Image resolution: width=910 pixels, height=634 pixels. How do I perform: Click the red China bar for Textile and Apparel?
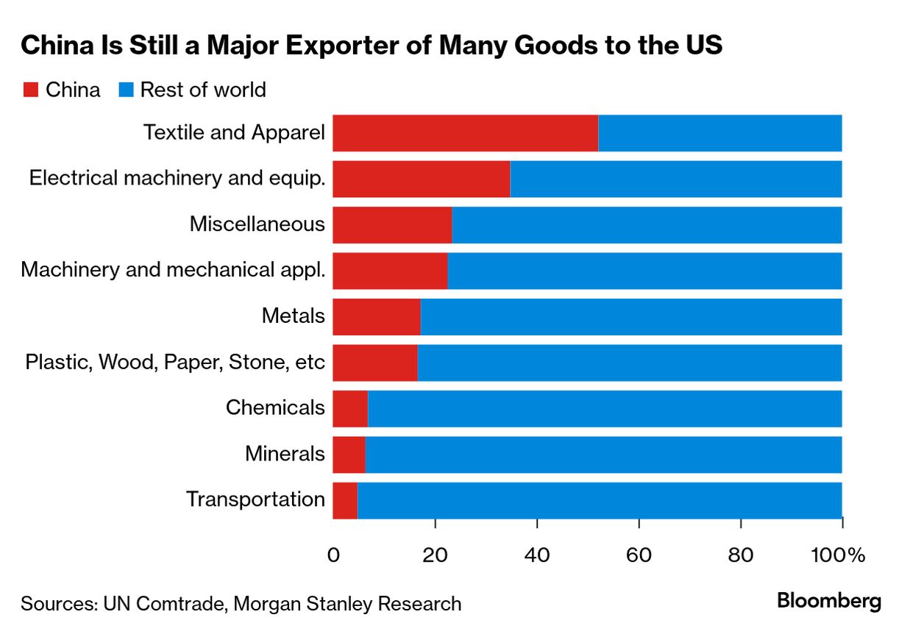(x=465, y=133)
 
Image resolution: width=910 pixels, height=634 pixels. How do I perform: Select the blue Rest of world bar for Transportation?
(x=599, y=500)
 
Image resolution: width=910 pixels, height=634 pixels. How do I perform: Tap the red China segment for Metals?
(x=377, y=317)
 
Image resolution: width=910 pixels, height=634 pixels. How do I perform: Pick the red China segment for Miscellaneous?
(x=392, y=225)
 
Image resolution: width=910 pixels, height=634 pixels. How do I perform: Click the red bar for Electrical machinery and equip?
(x=421, y=179)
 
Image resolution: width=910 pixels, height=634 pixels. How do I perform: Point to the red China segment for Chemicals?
(x=350, y=408)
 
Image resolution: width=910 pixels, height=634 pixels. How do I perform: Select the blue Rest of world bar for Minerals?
(x=603, y=455)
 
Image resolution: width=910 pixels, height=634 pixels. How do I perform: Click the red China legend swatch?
(x=30, y=90)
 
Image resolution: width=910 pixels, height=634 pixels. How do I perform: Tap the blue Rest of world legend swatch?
(x=125, y=90)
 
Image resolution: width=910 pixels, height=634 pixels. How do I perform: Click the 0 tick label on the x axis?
(x=333, y=555)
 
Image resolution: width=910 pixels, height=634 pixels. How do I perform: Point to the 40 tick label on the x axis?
(x=537, y=555)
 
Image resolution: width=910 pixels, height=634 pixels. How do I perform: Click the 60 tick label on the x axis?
(x=639, y=555)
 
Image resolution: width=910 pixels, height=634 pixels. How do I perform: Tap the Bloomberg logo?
(x=829, y=602)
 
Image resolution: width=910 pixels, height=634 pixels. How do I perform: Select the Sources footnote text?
(x=241, y=604)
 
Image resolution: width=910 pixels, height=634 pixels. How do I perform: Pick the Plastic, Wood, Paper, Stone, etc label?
(x=175, y=362)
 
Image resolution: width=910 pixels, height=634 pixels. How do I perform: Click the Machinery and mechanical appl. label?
(x=173, y=270)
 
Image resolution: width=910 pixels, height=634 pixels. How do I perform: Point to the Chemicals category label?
(x=275, y=407)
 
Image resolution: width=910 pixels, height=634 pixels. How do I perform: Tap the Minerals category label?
(x=285, y=454)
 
